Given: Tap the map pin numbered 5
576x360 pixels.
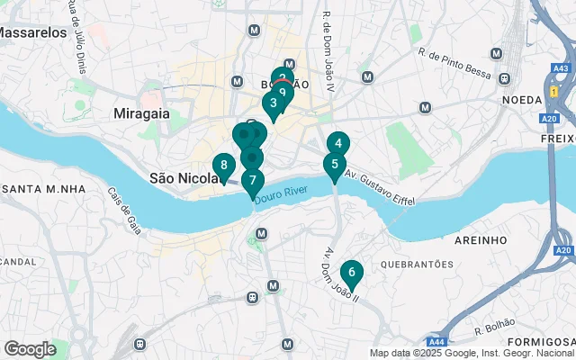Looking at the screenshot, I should point(335,165).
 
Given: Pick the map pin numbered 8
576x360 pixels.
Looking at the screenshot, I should point(223,166).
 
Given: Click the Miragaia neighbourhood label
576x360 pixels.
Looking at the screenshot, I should point(143,113).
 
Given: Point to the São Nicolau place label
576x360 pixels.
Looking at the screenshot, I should point(184,178).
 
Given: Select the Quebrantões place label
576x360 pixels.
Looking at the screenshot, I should point(417,265).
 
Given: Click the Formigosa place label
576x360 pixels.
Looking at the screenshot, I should point(540,342).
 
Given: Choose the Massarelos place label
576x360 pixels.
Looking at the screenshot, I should point(32,32).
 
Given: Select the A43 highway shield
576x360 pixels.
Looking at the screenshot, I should point(561,67).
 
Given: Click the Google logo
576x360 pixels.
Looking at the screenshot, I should point(30,349).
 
